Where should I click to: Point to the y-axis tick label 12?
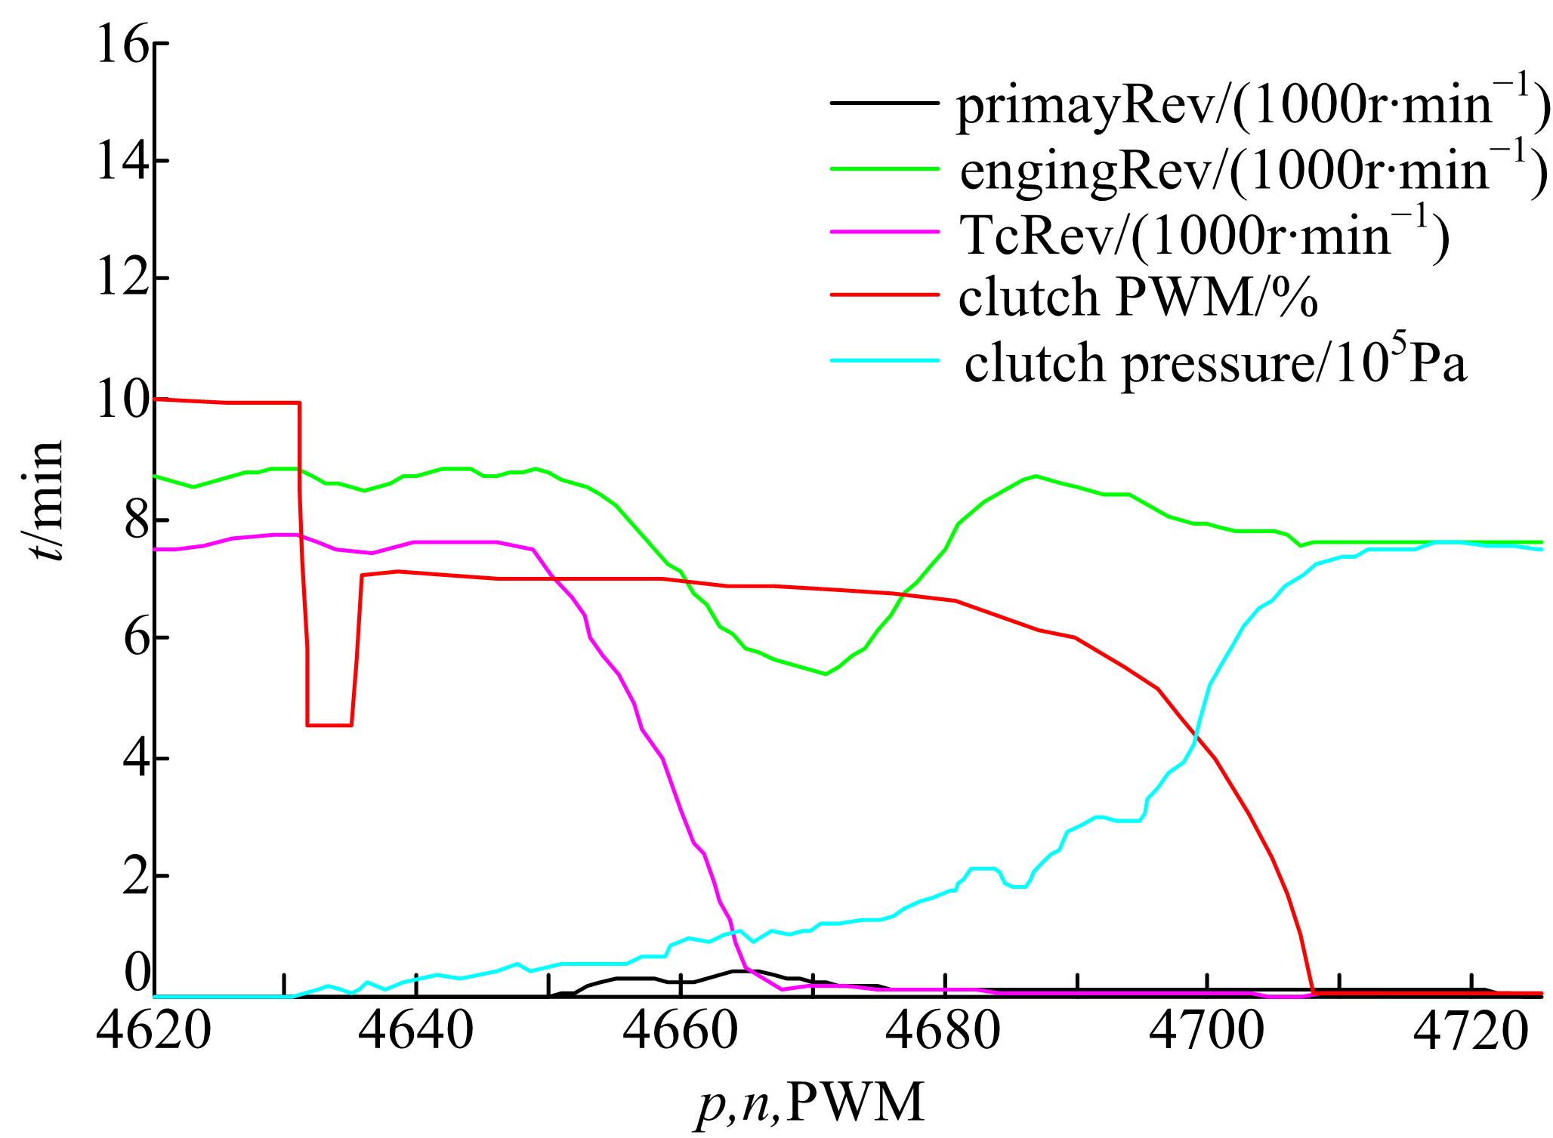pos(120,279)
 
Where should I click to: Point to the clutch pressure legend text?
pos(1215,365)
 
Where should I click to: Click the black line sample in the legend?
pos(886,103)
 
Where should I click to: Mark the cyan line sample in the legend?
pos(886,360)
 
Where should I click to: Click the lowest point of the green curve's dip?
pos(826,674)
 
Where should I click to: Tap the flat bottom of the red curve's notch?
pos(329,725)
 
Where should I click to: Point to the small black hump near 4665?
pos(736,971)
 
